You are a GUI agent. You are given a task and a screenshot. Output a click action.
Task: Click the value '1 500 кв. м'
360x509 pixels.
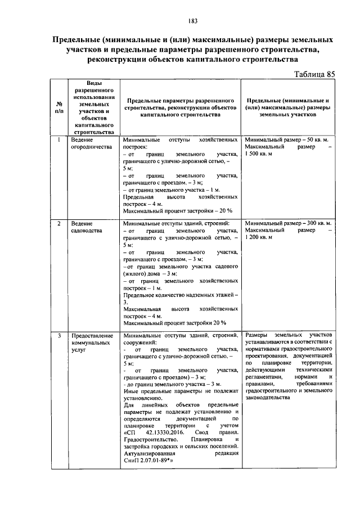(262, 154)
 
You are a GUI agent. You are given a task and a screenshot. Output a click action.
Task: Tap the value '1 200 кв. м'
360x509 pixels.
(262, 238)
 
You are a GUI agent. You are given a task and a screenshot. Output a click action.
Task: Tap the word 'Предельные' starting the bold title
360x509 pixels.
(74, 40)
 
